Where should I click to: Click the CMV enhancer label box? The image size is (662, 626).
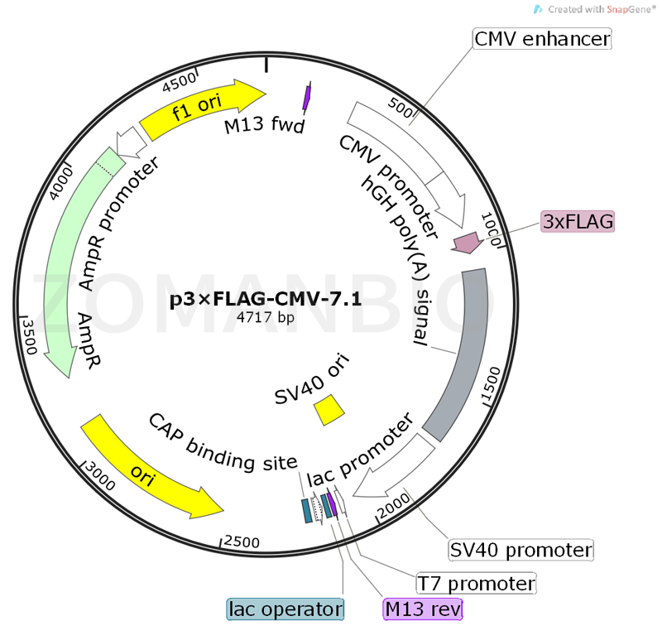point(542,38)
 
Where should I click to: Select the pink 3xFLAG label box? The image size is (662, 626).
point(578,221)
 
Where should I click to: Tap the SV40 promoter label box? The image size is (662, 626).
point(521,550)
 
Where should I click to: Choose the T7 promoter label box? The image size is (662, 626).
point(475,583)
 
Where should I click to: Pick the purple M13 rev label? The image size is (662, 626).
point(423,609)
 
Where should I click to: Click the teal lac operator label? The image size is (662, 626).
point(285,609)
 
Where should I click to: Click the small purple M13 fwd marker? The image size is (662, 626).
point(307,97)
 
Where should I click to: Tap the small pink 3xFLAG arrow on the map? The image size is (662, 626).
point(467,243)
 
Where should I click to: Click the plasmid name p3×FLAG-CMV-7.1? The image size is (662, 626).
point(266,300)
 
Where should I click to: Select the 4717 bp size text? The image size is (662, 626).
point(265,316)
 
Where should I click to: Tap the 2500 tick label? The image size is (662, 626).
point(242,542)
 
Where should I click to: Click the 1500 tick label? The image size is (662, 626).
point(489,386)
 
